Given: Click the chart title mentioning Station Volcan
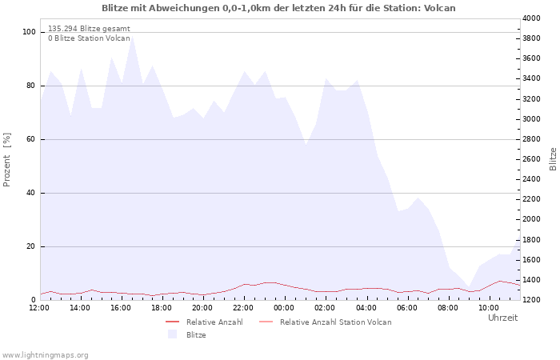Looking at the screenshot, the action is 278,8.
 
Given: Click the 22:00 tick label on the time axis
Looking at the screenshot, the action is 243,308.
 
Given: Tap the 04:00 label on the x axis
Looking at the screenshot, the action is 366,308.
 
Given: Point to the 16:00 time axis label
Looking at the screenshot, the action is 121,308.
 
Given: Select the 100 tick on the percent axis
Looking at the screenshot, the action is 29,32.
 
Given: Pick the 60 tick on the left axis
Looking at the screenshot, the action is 30,139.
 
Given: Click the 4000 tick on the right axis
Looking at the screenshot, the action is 531,18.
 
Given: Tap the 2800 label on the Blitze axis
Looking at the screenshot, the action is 531,139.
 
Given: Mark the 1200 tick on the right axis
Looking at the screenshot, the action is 531,300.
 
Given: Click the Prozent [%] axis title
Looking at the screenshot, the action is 6,160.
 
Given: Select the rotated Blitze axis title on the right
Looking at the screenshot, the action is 553,159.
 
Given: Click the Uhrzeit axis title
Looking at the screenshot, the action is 502,318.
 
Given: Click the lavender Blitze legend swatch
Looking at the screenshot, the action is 173,334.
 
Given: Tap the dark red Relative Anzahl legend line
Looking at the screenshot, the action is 173,322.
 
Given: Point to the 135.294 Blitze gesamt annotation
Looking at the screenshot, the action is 89,29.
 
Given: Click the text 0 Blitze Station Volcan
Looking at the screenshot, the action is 89,38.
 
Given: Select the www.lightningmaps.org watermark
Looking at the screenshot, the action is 45,355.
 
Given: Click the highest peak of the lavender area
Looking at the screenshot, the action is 133,36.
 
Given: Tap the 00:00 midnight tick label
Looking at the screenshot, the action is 284,308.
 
